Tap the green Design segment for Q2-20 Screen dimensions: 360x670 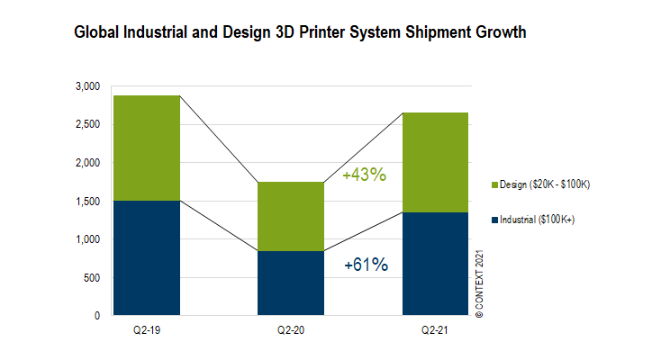tap(290, 216)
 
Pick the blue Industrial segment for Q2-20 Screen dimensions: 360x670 tap(290, 283)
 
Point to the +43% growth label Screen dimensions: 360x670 tap(364, 175)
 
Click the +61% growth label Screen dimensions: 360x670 tap(366, 265)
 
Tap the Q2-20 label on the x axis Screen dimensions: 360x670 tap(290, 330)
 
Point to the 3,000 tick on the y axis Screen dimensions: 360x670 tap(87, 86)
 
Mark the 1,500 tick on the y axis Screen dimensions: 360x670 tap(87, 202)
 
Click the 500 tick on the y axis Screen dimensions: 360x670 tap(92, 278)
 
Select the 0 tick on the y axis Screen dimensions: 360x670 tap(96, 316)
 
